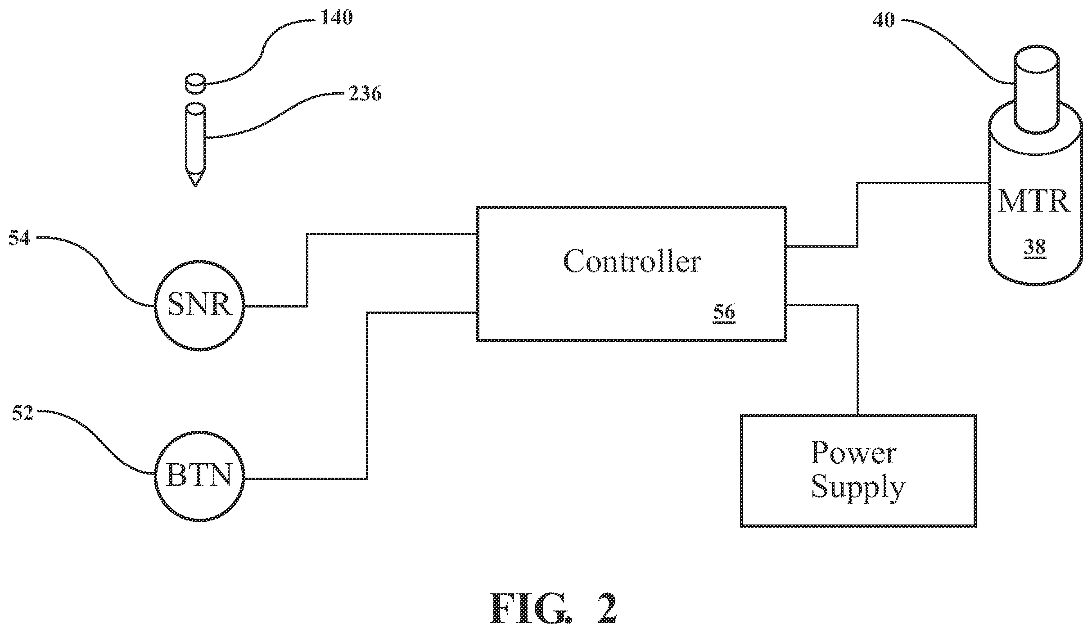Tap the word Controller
coord(632,261)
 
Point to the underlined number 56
coord(724,313)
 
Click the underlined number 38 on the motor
coord(1034,248)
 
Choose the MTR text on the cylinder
coord(1033,201)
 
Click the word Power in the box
coord(853,452)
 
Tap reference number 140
coord(336,18)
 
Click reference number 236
coord(365,94)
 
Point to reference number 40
coord(884,20)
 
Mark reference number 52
coord(23,412)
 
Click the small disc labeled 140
coord(195,84)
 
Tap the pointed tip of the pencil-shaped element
coord(195,186)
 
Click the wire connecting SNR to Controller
coord(307,270)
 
